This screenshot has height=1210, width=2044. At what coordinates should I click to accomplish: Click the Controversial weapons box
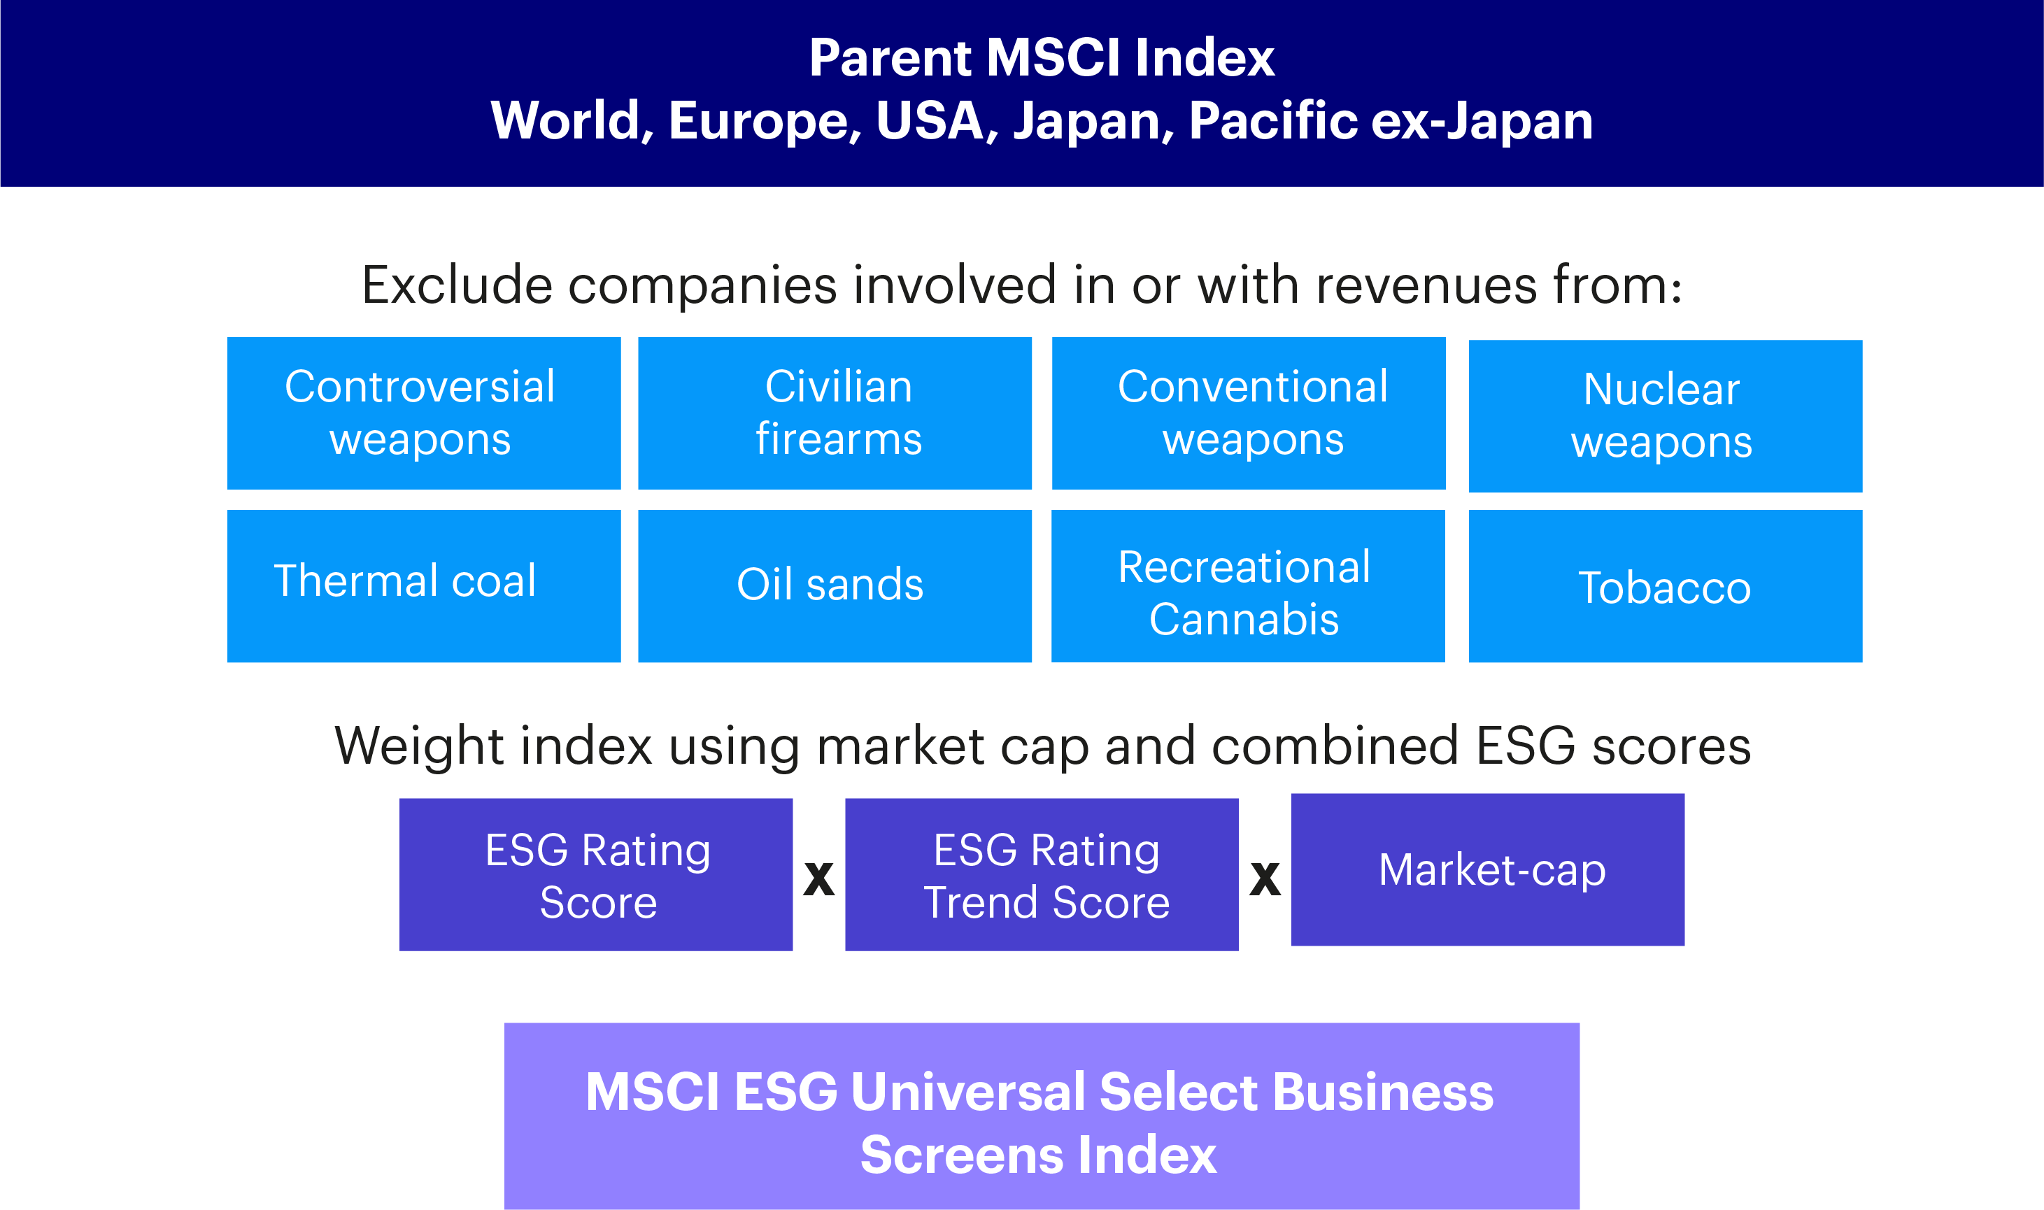coord(423,413)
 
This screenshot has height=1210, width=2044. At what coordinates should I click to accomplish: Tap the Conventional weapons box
coord(1248,413)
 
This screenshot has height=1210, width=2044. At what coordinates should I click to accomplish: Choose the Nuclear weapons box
coord(1665,416)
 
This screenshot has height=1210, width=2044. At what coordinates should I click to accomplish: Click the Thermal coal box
coord(423,585)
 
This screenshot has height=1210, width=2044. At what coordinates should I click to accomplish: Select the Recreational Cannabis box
coord(1247,585)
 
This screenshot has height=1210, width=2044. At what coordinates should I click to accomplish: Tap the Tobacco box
coord(1665,585)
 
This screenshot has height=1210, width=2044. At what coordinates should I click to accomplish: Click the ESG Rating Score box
coord(595,874)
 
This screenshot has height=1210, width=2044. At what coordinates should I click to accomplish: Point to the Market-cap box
coord(1487,869)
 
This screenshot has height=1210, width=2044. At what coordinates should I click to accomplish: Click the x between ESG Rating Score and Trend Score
coord(818,879)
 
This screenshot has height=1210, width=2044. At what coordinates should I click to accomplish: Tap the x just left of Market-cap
coord(1265,879)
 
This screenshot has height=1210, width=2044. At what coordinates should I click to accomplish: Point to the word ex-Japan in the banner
coord(1482,121)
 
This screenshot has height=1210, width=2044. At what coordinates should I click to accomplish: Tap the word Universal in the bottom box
coord(967,1092)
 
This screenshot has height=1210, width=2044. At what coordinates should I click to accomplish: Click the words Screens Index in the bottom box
coord(1038,1155)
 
